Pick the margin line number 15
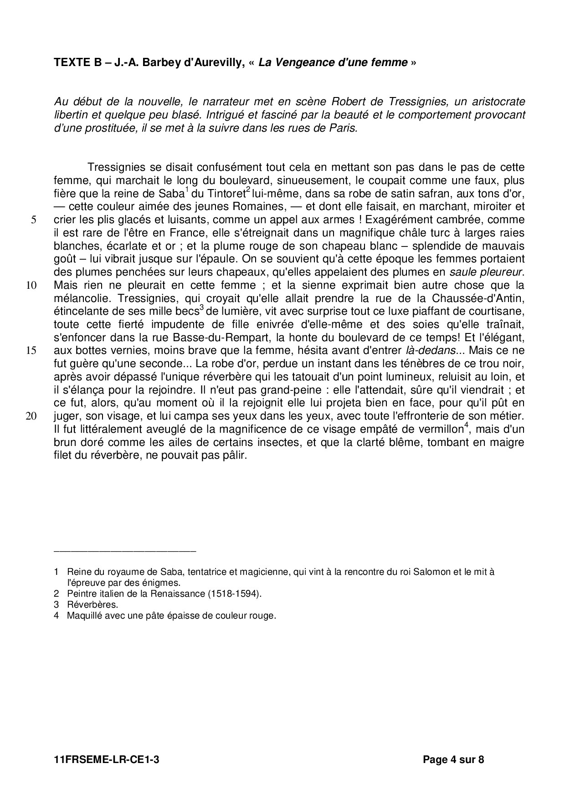point(31,351)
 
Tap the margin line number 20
point(31,416)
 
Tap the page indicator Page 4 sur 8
point(453,759)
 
